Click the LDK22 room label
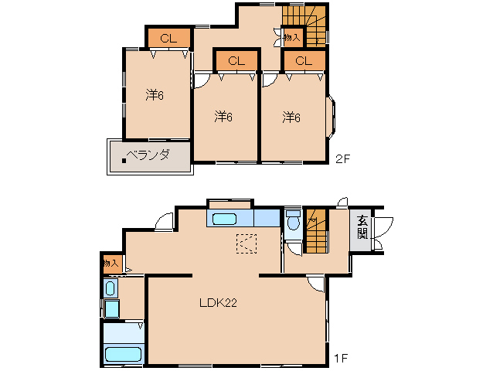click(x=218, y=303)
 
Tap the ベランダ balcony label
click(x=148, y=155)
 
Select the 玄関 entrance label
click(x=362, y=228)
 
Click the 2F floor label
click(x=342, y=159)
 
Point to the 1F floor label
click(x=341, y=358)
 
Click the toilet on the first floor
click(x=294, y=221)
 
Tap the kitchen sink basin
click(x=224, y=220)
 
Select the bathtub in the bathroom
click(x=123, y=354)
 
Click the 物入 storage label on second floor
click(x=292, y=38)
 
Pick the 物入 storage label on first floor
click(x=111, y=263)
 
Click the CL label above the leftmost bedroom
click(x=168, y=39)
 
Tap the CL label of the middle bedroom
click(x=236, y=61)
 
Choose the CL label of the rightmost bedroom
click(x=304, y=61)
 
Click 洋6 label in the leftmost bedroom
click(x=155, y=94)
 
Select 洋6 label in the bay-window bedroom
click(x=291, y=117)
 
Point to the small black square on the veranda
click(x=124, y=161)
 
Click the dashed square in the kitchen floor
click(x=246, y=243)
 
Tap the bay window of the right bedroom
click(x=331, y=117)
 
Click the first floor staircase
click(x=316, y=230)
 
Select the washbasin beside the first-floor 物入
click(x=110, y=288)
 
